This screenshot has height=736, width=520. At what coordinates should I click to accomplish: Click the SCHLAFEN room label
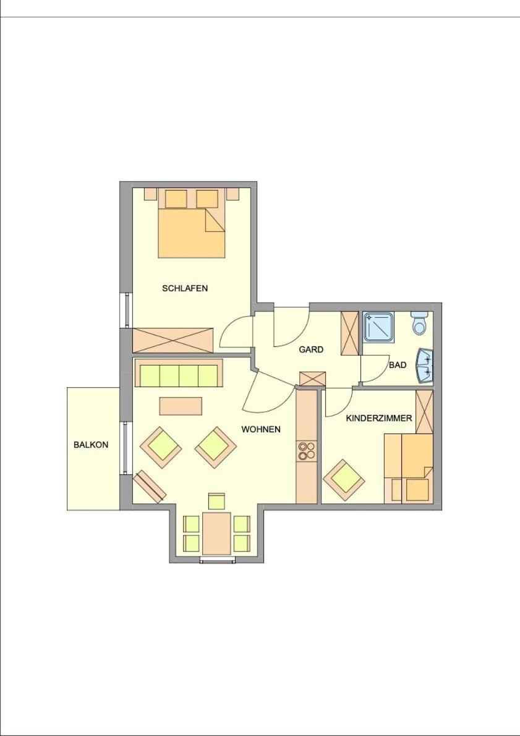coord(185,288)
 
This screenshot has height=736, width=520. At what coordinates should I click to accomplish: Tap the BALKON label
coord(91,445)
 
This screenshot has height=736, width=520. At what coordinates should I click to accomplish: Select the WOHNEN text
coord(261,429)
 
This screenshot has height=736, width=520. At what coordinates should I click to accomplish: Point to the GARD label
coord(311,349)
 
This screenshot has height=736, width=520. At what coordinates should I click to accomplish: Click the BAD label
coord(398,365)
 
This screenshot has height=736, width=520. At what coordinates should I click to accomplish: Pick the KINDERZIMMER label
coord(379,417)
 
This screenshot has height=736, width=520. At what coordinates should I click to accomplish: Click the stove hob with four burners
coord(307,451)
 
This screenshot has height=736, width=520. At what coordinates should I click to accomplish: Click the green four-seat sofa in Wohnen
coord(179,373)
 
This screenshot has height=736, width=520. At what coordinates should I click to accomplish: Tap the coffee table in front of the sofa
coord(181,406)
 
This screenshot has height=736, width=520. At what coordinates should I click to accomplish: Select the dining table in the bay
coord(217,533)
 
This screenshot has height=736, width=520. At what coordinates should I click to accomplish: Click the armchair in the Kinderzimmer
coord(344,479)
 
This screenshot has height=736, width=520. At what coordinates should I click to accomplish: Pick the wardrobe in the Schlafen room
coord(173,340)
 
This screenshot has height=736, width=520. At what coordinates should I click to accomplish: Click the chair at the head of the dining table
coord(216,502)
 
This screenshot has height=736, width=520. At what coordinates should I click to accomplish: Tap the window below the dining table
coord(217,560)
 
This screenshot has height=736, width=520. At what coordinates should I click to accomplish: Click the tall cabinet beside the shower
coord(349,333)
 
